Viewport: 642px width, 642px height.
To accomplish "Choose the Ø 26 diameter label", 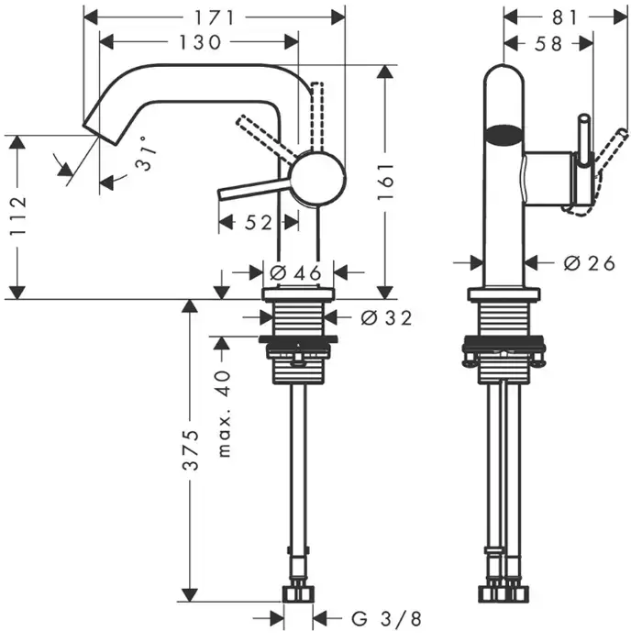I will coord(588,263).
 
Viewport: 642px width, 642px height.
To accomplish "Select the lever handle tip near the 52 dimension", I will coord(222,193).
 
